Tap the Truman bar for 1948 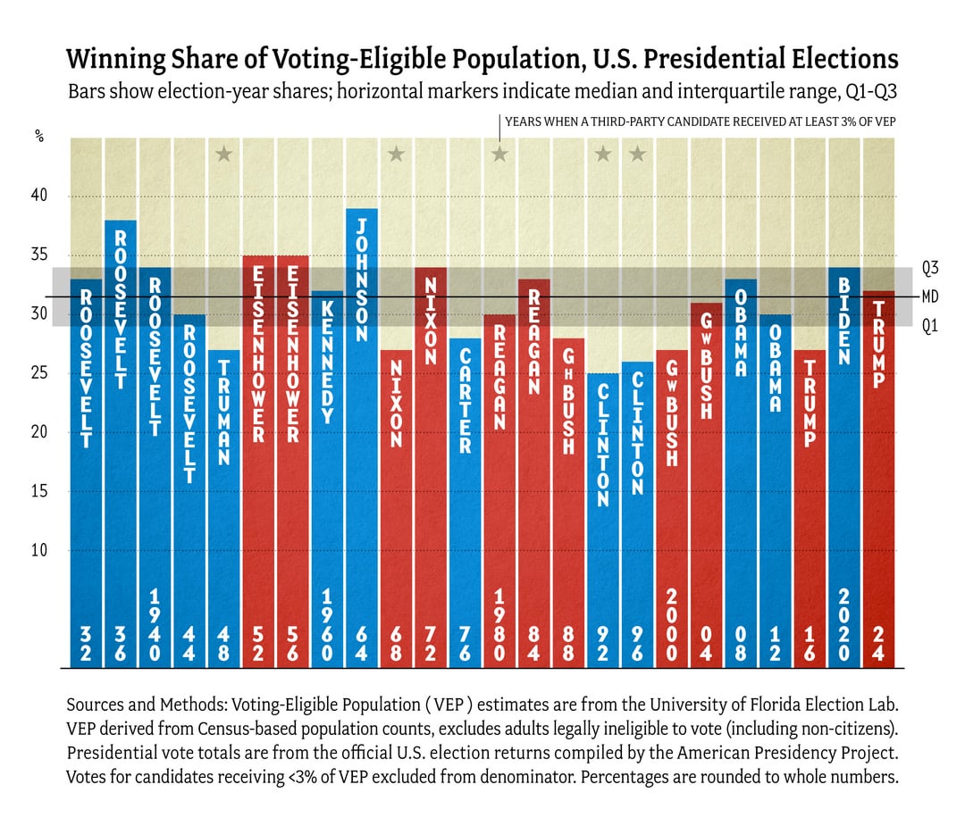(224, 509)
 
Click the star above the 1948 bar (224, 154)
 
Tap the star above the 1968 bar (396, 154)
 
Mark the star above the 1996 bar (637, 154)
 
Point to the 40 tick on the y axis (39, 196)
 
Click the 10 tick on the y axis (39, 550)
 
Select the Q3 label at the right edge (930, 267)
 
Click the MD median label (930, 296)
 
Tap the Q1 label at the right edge (930, 326)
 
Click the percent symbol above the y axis (39, 137)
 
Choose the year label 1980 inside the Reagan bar (499, 624)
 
